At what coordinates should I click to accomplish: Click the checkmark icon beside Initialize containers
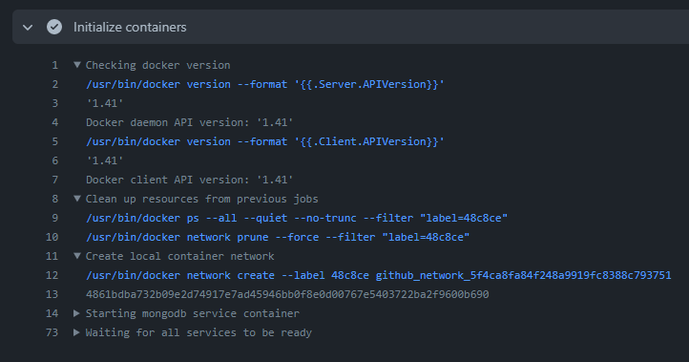click(54, 28)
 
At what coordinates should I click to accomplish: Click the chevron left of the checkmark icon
click(28, 28)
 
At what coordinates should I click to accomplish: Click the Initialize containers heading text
click(130, 28)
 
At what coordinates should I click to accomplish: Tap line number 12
click(52, 275)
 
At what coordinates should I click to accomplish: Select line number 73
click(52, 332)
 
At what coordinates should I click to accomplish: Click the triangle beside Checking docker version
click(77, 65)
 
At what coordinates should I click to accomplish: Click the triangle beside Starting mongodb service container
click(77, 313)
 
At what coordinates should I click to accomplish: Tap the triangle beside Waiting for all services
click(77, 332)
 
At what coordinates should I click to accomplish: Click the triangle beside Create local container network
click(77, 256)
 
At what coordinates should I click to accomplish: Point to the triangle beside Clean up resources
click(77, 199)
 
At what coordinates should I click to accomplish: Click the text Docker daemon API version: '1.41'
click(189, 122)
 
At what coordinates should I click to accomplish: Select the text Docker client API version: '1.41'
click(189, 180)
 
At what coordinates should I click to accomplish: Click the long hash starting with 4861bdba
click(286, 294)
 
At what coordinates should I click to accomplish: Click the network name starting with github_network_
click(523, 275)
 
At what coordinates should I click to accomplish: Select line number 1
click(55, 65)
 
